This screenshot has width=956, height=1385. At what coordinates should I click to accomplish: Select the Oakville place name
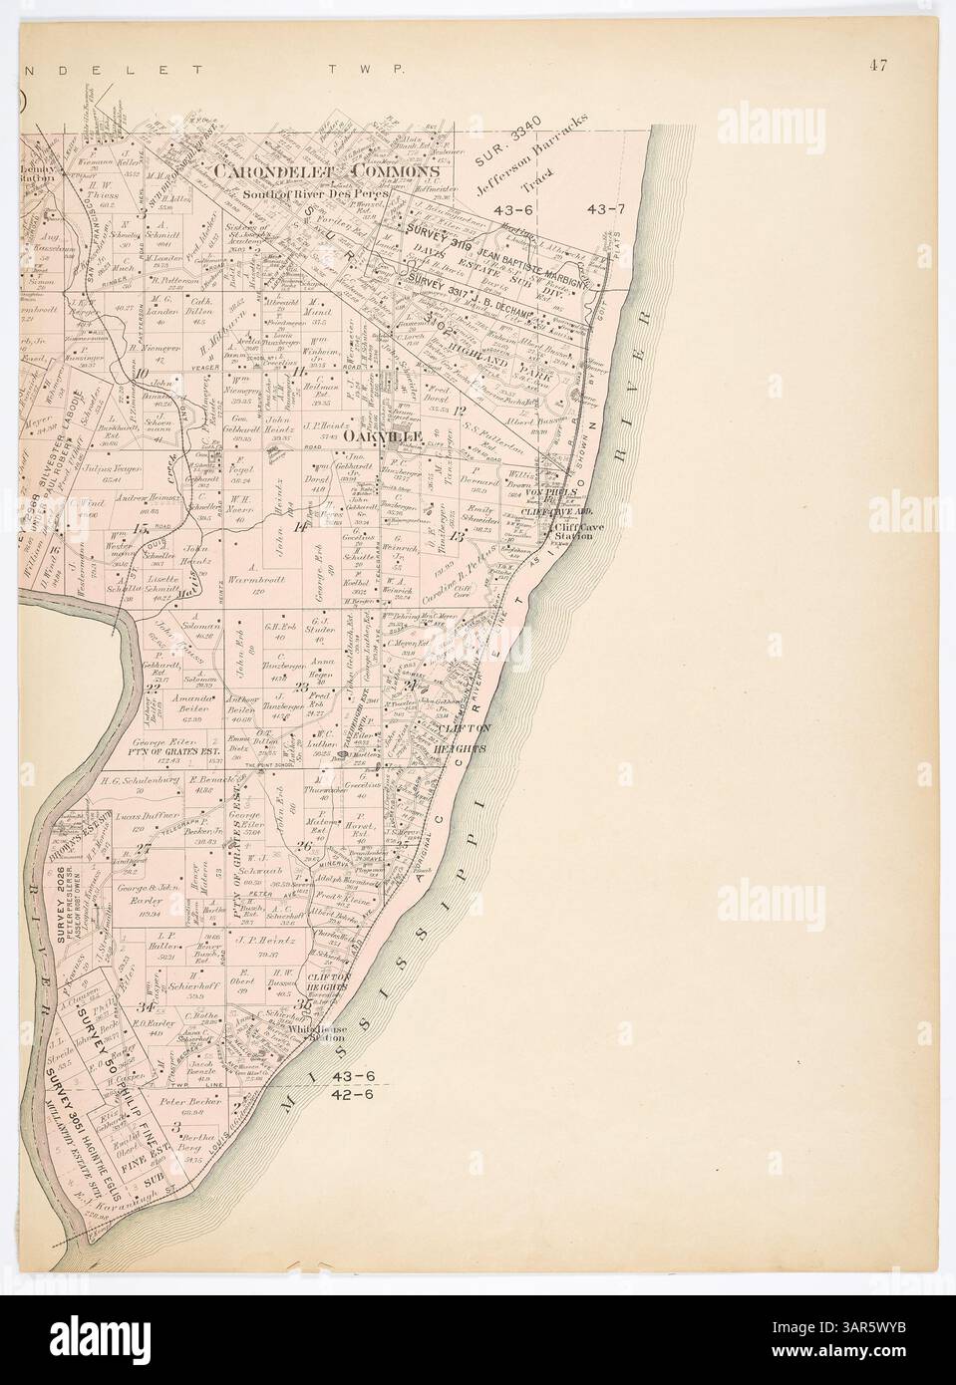[x=385, y=436]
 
